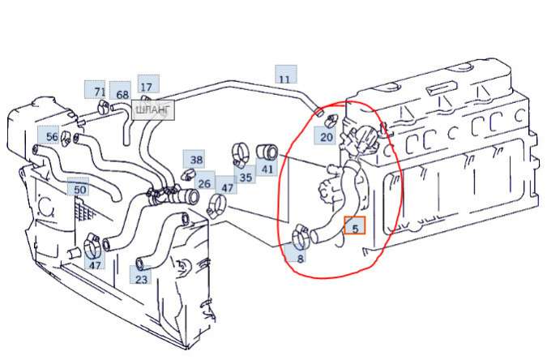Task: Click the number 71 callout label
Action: click(99, 92)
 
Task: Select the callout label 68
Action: click(122, 95)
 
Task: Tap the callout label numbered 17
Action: click(147, 87)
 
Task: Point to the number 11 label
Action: click(284, 79)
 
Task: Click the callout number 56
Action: click(52, 137)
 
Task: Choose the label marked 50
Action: click(79, 189)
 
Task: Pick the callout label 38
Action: click(196, 159)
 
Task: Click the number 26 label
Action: click(204, 184)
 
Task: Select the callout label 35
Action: click(245, 176)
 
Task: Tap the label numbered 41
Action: click(267, 169)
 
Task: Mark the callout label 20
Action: click(326, 137)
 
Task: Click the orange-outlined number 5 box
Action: click(355, 228)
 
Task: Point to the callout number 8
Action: click(300, 259)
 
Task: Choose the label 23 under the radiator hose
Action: click(142, 279)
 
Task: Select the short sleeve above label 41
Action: click(267, 151)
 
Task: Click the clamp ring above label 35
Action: click(241, 152)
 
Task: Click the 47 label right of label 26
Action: click(227, 188)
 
